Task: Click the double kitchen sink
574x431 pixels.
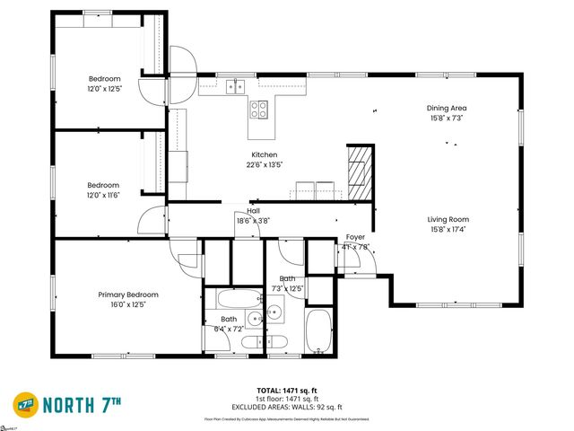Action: tap(235, 86)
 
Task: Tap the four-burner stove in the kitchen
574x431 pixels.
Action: tap(258, 110)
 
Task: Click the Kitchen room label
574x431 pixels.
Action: tap(264, 154)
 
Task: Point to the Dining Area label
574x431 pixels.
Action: tap(446, 109)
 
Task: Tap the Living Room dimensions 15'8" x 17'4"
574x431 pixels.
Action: tap(447, 229)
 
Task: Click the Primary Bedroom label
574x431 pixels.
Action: tap(128, 295)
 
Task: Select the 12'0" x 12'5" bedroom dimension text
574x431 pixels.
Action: tap(104, 88)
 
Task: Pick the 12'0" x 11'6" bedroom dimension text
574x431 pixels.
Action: tap(104, 195)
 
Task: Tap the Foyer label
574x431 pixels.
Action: tap(355, 237)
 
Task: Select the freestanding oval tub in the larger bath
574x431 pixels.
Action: tap(318, 332)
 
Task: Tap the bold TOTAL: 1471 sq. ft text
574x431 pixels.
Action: tap(287, 390)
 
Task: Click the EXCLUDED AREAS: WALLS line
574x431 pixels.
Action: tap(287, 408)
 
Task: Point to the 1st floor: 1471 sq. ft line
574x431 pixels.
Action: tap(287, 399)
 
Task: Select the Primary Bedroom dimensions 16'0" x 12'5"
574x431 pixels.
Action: tap(128, 304)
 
